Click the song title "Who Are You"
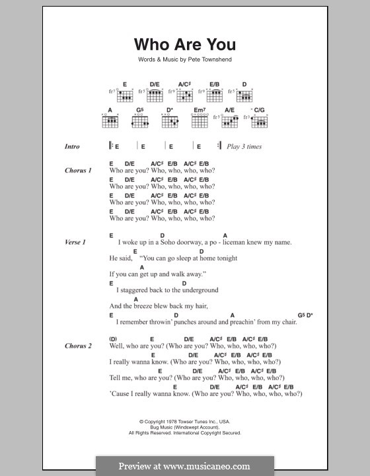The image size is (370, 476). coord(184,45)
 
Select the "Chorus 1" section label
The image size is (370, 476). coord(78,171)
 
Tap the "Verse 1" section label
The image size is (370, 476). coord(75,242)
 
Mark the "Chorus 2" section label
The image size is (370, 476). coord(78,346)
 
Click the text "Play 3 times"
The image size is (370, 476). coord(244,146)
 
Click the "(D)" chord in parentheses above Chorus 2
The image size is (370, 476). coord(113,338)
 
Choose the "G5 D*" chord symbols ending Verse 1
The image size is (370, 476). coord(305,315)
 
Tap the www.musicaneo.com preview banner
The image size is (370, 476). coord(184,465)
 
